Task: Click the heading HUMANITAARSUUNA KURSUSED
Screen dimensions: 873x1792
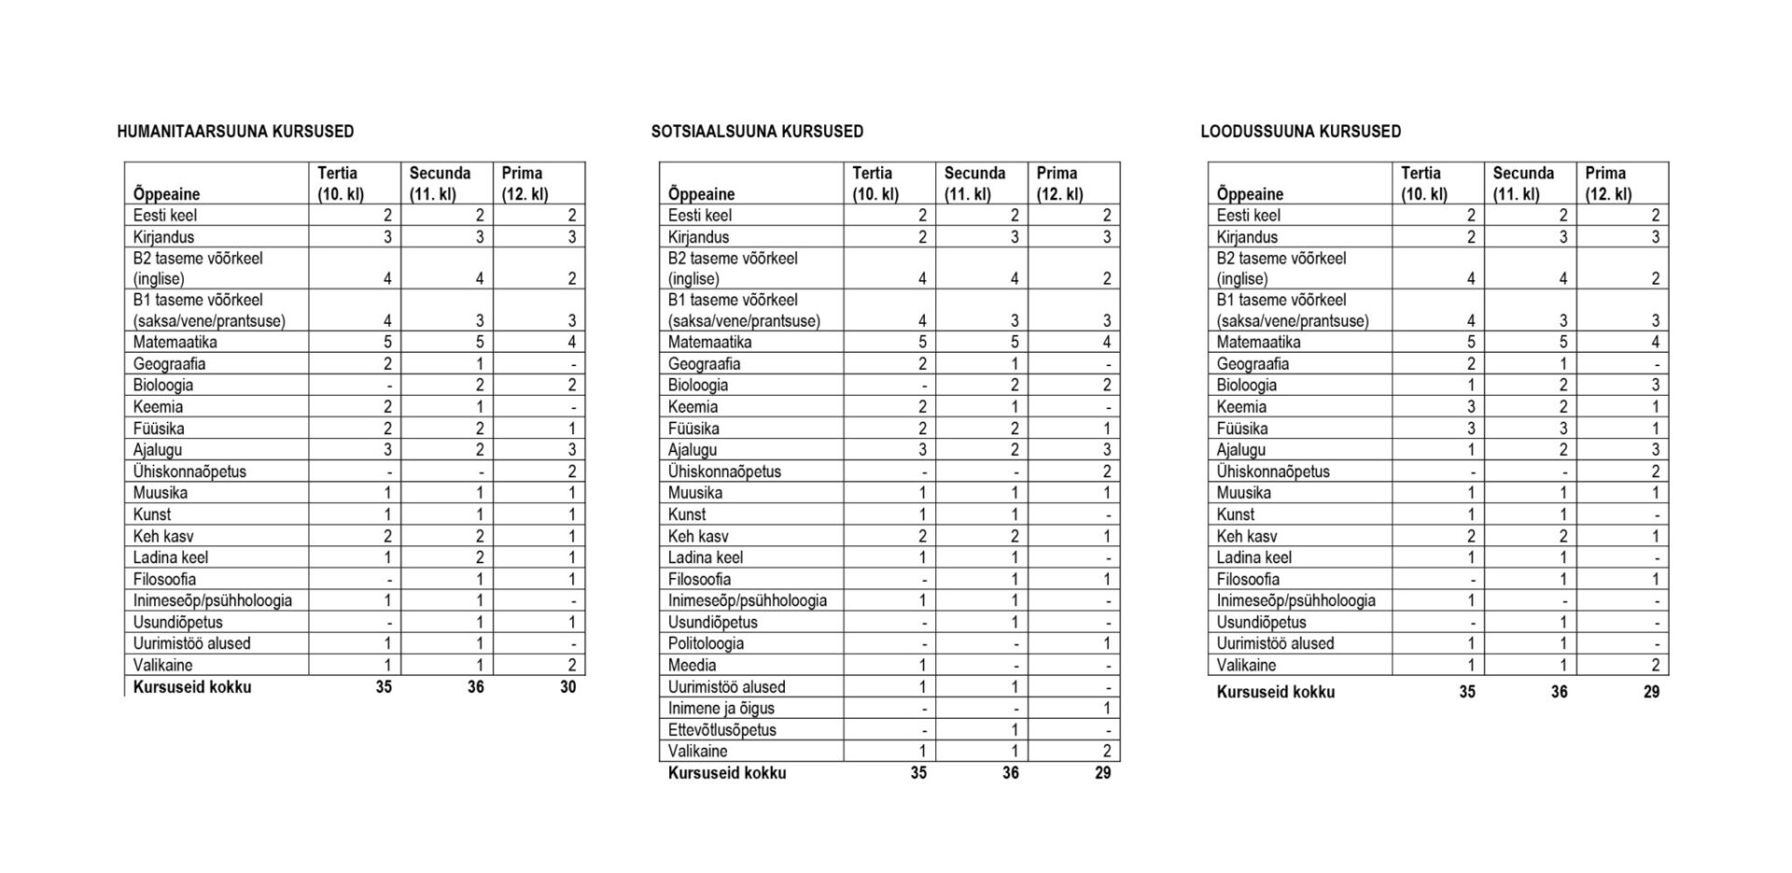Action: tap(235, 132)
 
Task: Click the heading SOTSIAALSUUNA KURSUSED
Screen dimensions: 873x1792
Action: tap(757, 132)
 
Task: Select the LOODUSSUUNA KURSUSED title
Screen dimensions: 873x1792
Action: tap(1300, 132)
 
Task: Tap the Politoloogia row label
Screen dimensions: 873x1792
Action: tap(706, 643)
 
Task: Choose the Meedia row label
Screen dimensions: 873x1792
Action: tap(692, 665)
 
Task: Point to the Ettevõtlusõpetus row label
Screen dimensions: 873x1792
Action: tap(721, 729)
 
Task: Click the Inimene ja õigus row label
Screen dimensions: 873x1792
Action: tap(721, 708)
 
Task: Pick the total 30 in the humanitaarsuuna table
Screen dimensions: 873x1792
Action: tap(567, 687)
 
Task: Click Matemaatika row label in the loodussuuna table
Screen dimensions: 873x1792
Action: tap(1258, 342)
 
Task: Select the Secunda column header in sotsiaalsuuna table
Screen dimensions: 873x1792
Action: tap(974, 183)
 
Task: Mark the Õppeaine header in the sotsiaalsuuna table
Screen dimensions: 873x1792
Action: tap(701, 194)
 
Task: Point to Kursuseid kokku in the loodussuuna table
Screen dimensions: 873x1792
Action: tap(1275, 692)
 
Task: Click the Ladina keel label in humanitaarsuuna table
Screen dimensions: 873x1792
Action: tap(171, 557)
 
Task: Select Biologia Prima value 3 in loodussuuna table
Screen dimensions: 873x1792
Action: tap(1655, 385)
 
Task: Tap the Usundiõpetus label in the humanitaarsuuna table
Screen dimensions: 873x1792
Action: tap(177, 622)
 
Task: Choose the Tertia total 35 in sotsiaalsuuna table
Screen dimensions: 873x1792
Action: tap(918, 773)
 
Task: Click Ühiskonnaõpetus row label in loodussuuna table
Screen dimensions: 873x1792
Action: tap(1273, 472)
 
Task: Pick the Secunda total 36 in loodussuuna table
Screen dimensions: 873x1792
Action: tap(1559, 692)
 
